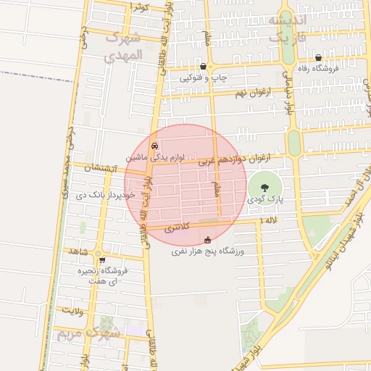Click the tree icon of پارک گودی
click(x=274, y=187)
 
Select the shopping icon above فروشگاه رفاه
click(x=319, y=58)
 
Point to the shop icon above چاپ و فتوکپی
click(x=203, y=66)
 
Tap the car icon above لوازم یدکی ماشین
click(x=154, y=146)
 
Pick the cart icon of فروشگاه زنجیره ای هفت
click(x=101, y=260)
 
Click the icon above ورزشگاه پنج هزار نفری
click(x=208, y=240)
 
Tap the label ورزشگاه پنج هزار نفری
click(x=209, y=251)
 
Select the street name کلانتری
click(x=176, y=228)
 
